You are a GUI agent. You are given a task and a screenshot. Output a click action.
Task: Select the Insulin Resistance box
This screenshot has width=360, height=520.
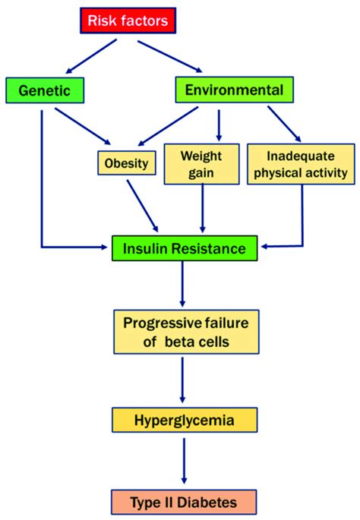185,247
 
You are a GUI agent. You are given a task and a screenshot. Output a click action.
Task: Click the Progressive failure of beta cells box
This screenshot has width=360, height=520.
186,332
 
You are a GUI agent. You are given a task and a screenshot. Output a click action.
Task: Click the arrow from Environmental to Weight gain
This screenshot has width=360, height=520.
219,124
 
